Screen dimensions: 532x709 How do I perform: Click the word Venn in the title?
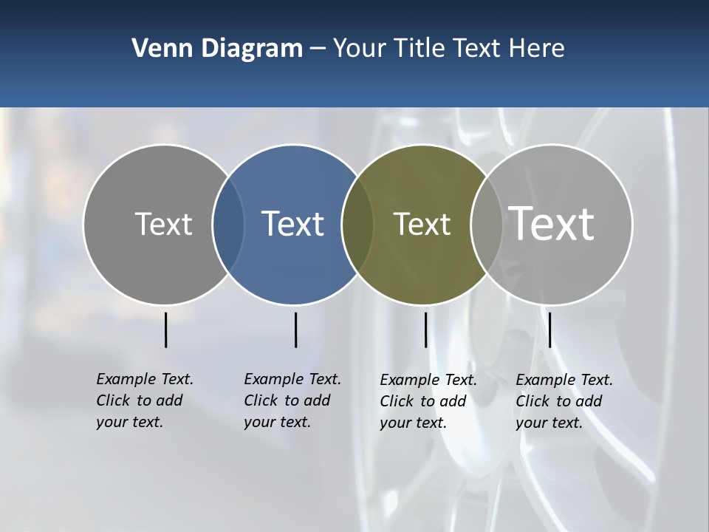pyautogui.click(x=159, y=49)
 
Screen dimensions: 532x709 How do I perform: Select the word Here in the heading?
pyautogui.click(x=537, y=49)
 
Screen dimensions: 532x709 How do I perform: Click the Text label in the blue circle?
pyautogui.click(x=292, y=224)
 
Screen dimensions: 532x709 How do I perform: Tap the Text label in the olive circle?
pyautogui.click(x=422, y=224)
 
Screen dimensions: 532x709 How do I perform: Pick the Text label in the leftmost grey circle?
pyautogui.click(x=163, y=224)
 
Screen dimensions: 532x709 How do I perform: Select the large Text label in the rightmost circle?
pyautogui.click(x=552, y=223)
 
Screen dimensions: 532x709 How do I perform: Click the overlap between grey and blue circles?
pyautogui.click(x=228, y=225)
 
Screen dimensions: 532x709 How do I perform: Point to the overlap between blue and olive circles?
pyautogui.click(x=357, y=225)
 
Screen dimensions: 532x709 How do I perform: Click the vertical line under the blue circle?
pyautogui.click(x=295, y=330)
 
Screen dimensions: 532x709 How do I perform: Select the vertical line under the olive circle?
pyautogui.click(x=425, y=330)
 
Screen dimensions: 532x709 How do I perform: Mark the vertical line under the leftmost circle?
pyautogui.click(x=166, y=330)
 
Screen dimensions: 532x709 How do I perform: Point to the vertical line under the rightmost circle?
pyautogui.click(x=549, y=330)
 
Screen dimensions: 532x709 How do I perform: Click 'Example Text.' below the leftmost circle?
pyautogui.click(x=145, y=379)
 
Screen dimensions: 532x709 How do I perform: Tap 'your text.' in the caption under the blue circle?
pyautogui.click(x=277, y=422)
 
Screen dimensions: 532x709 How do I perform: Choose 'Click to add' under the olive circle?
pyautogui.click(x=423, y=401)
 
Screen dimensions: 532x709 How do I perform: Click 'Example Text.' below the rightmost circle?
pyautogui.click(x=564, y=380)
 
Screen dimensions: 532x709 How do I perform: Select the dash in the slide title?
pyautogui.click(x=318, y=49)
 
